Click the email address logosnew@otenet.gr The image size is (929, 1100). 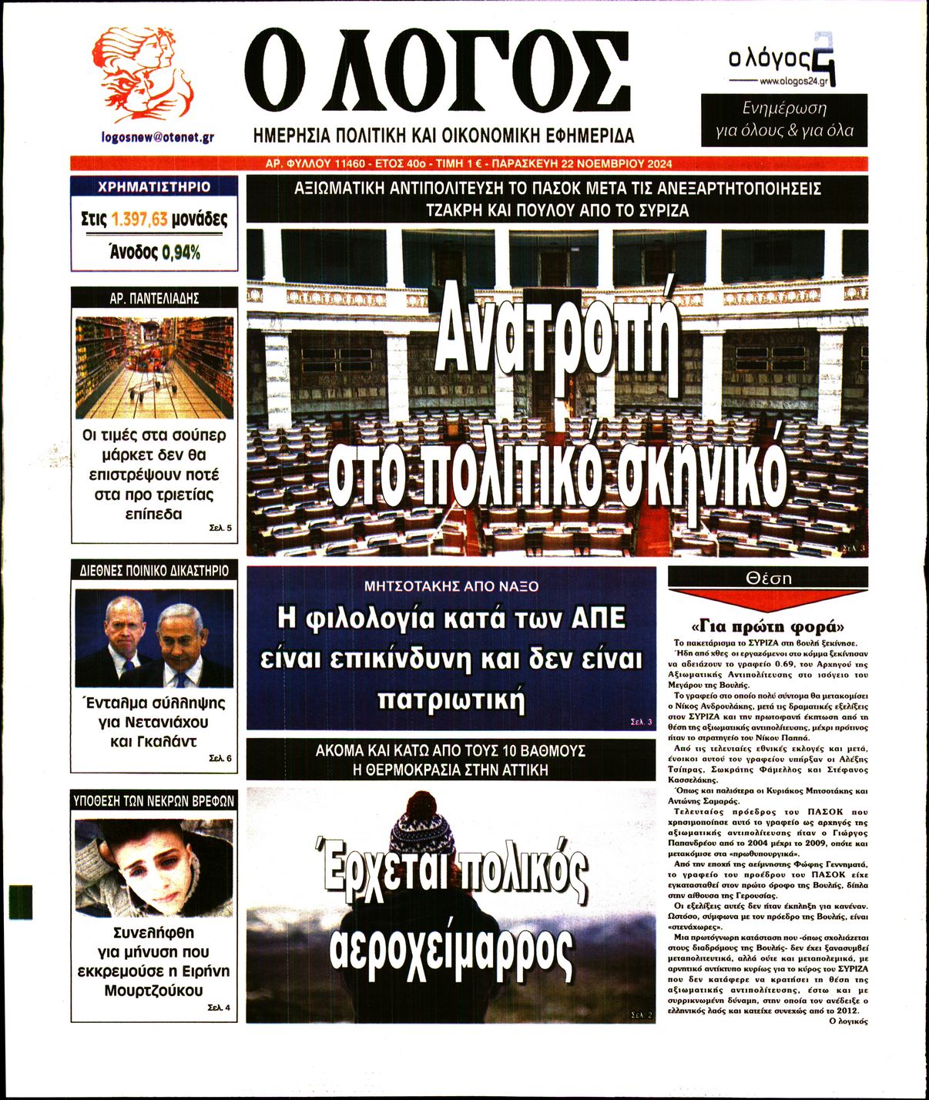point(157,137)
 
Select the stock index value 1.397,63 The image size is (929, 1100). point(139,220)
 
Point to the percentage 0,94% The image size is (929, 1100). point(180,252)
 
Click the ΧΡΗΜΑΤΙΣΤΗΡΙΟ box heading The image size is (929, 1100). point(154,186)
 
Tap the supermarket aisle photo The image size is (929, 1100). point(154,367)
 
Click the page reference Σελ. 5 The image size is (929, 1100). point(220,528)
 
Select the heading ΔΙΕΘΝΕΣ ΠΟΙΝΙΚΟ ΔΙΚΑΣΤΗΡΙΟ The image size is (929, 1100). point(154,571)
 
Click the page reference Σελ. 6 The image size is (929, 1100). point(220,759)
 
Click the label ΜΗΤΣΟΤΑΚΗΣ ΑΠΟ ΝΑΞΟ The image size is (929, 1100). point(451,586)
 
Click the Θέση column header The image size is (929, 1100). point(768,578)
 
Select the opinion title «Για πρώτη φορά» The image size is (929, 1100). point(768,625)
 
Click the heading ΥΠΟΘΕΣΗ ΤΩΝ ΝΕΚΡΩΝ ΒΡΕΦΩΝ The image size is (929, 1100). point(154,800)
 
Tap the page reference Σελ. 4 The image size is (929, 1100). point(220,1007)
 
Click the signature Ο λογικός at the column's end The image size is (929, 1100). point(847,1021)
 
